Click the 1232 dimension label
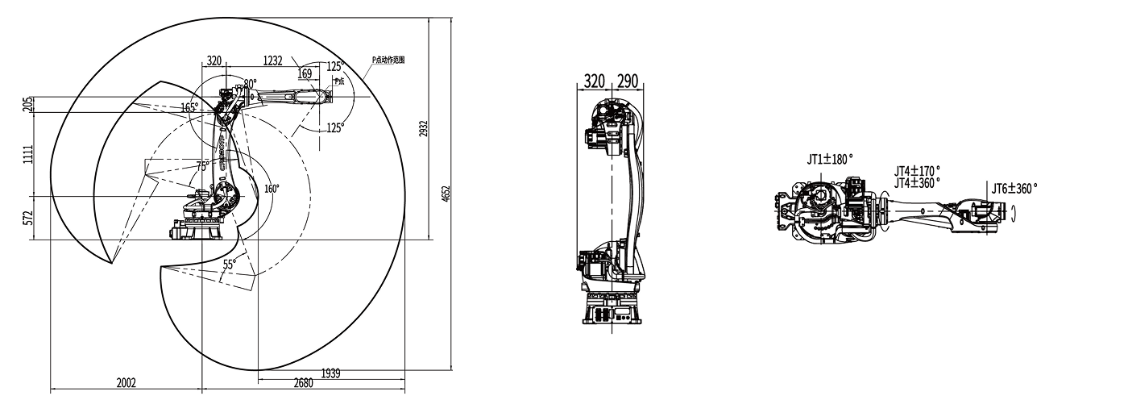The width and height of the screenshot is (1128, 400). [274, 60]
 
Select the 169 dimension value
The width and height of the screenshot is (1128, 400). [305, 74]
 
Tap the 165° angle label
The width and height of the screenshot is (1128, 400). [189, 107]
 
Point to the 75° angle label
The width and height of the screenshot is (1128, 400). [204, 165]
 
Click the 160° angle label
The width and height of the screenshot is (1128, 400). [272, 189]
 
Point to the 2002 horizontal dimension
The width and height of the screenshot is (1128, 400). [126, 382]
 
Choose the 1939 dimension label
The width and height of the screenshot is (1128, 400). [330, 373]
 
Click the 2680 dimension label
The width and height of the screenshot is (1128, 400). [303, 382]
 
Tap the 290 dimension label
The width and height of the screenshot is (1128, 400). [628, 81]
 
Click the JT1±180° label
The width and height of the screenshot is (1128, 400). [829, 160]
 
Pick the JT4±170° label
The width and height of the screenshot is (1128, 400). [917, 171]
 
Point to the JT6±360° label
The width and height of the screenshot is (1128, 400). [1014, 187]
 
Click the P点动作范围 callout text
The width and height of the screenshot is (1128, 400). [388, 60]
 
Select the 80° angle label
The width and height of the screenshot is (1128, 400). [250, 83]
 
